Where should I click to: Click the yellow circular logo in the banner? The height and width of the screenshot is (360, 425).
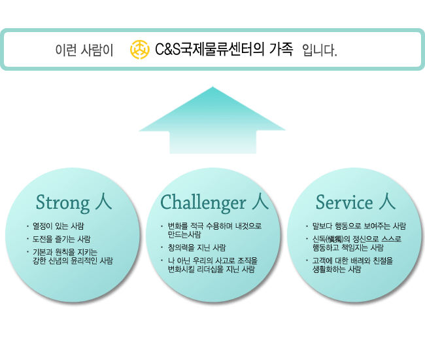click(139, 49)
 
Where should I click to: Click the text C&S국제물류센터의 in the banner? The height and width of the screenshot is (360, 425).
click(209, 50)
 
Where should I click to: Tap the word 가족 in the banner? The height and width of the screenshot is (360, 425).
click(281, 49)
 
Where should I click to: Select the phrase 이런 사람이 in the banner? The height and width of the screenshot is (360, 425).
click(84, 50)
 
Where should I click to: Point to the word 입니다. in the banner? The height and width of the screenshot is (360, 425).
click(320, 50)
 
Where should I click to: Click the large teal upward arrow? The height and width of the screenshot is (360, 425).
click(212, 120)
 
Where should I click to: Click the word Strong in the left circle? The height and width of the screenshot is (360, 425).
click(63, 203)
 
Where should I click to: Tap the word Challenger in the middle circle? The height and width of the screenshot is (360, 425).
click(203, 202)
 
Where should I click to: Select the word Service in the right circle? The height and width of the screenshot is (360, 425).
click(345, 202)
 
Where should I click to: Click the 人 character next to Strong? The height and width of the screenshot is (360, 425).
click(103, 202)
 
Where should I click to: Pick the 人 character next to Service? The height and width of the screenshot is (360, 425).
click(387, 202)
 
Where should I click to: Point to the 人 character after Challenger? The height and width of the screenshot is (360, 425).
click(260, 202)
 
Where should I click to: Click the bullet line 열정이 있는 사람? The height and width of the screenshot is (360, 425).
click(58, 226)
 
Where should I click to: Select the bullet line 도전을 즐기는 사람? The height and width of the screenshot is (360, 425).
click(61, 239)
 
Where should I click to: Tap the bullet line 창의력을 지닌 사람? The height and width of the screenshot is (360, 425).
click(197, 247)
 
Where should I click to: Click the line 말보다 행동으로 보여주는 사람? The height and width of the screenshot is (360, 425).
click(359, 226)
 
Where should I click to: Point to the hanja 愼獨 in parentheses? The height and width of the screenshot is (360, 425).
click(335, 240)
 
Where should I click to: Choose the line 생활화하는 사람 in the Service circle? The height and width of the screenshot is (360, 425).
click(337, 270)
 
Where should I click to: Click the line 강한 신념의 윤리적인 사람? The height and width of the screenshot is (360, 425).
click(73, 261)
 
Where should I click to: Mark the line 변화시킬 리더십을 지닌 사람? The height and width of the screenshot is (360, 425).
click(211, 270)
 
